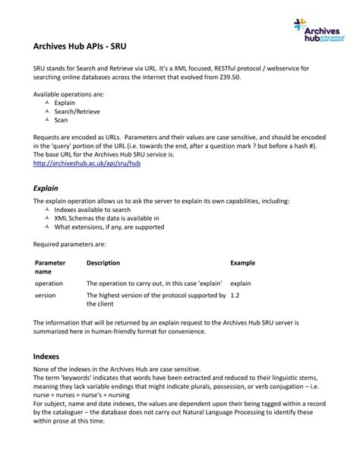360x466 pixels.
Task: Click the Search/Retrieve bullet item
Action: [x=78, y=111]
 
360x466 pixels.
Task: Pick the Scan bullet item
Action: [x=62, y=119]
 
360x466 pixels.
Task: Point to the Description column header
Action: [x=103, y=263]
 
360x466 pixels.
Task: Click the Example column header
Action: [x=242, y=263]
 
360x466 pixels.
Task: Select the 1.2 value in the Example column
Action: [x=235, y=295]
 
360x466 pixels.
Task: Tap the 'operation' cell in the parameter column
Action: [x=49, y=283]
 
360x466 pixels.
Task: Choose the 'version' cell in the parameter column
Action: [x=43, y=295]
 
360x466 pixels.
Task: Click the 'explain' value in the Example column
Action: [x=241, y=283]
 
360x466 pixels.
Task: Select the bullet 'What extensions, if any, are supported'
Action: [x=109, y=227]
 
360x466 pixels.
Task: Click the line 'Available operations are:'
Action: [x=68, y=94]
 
